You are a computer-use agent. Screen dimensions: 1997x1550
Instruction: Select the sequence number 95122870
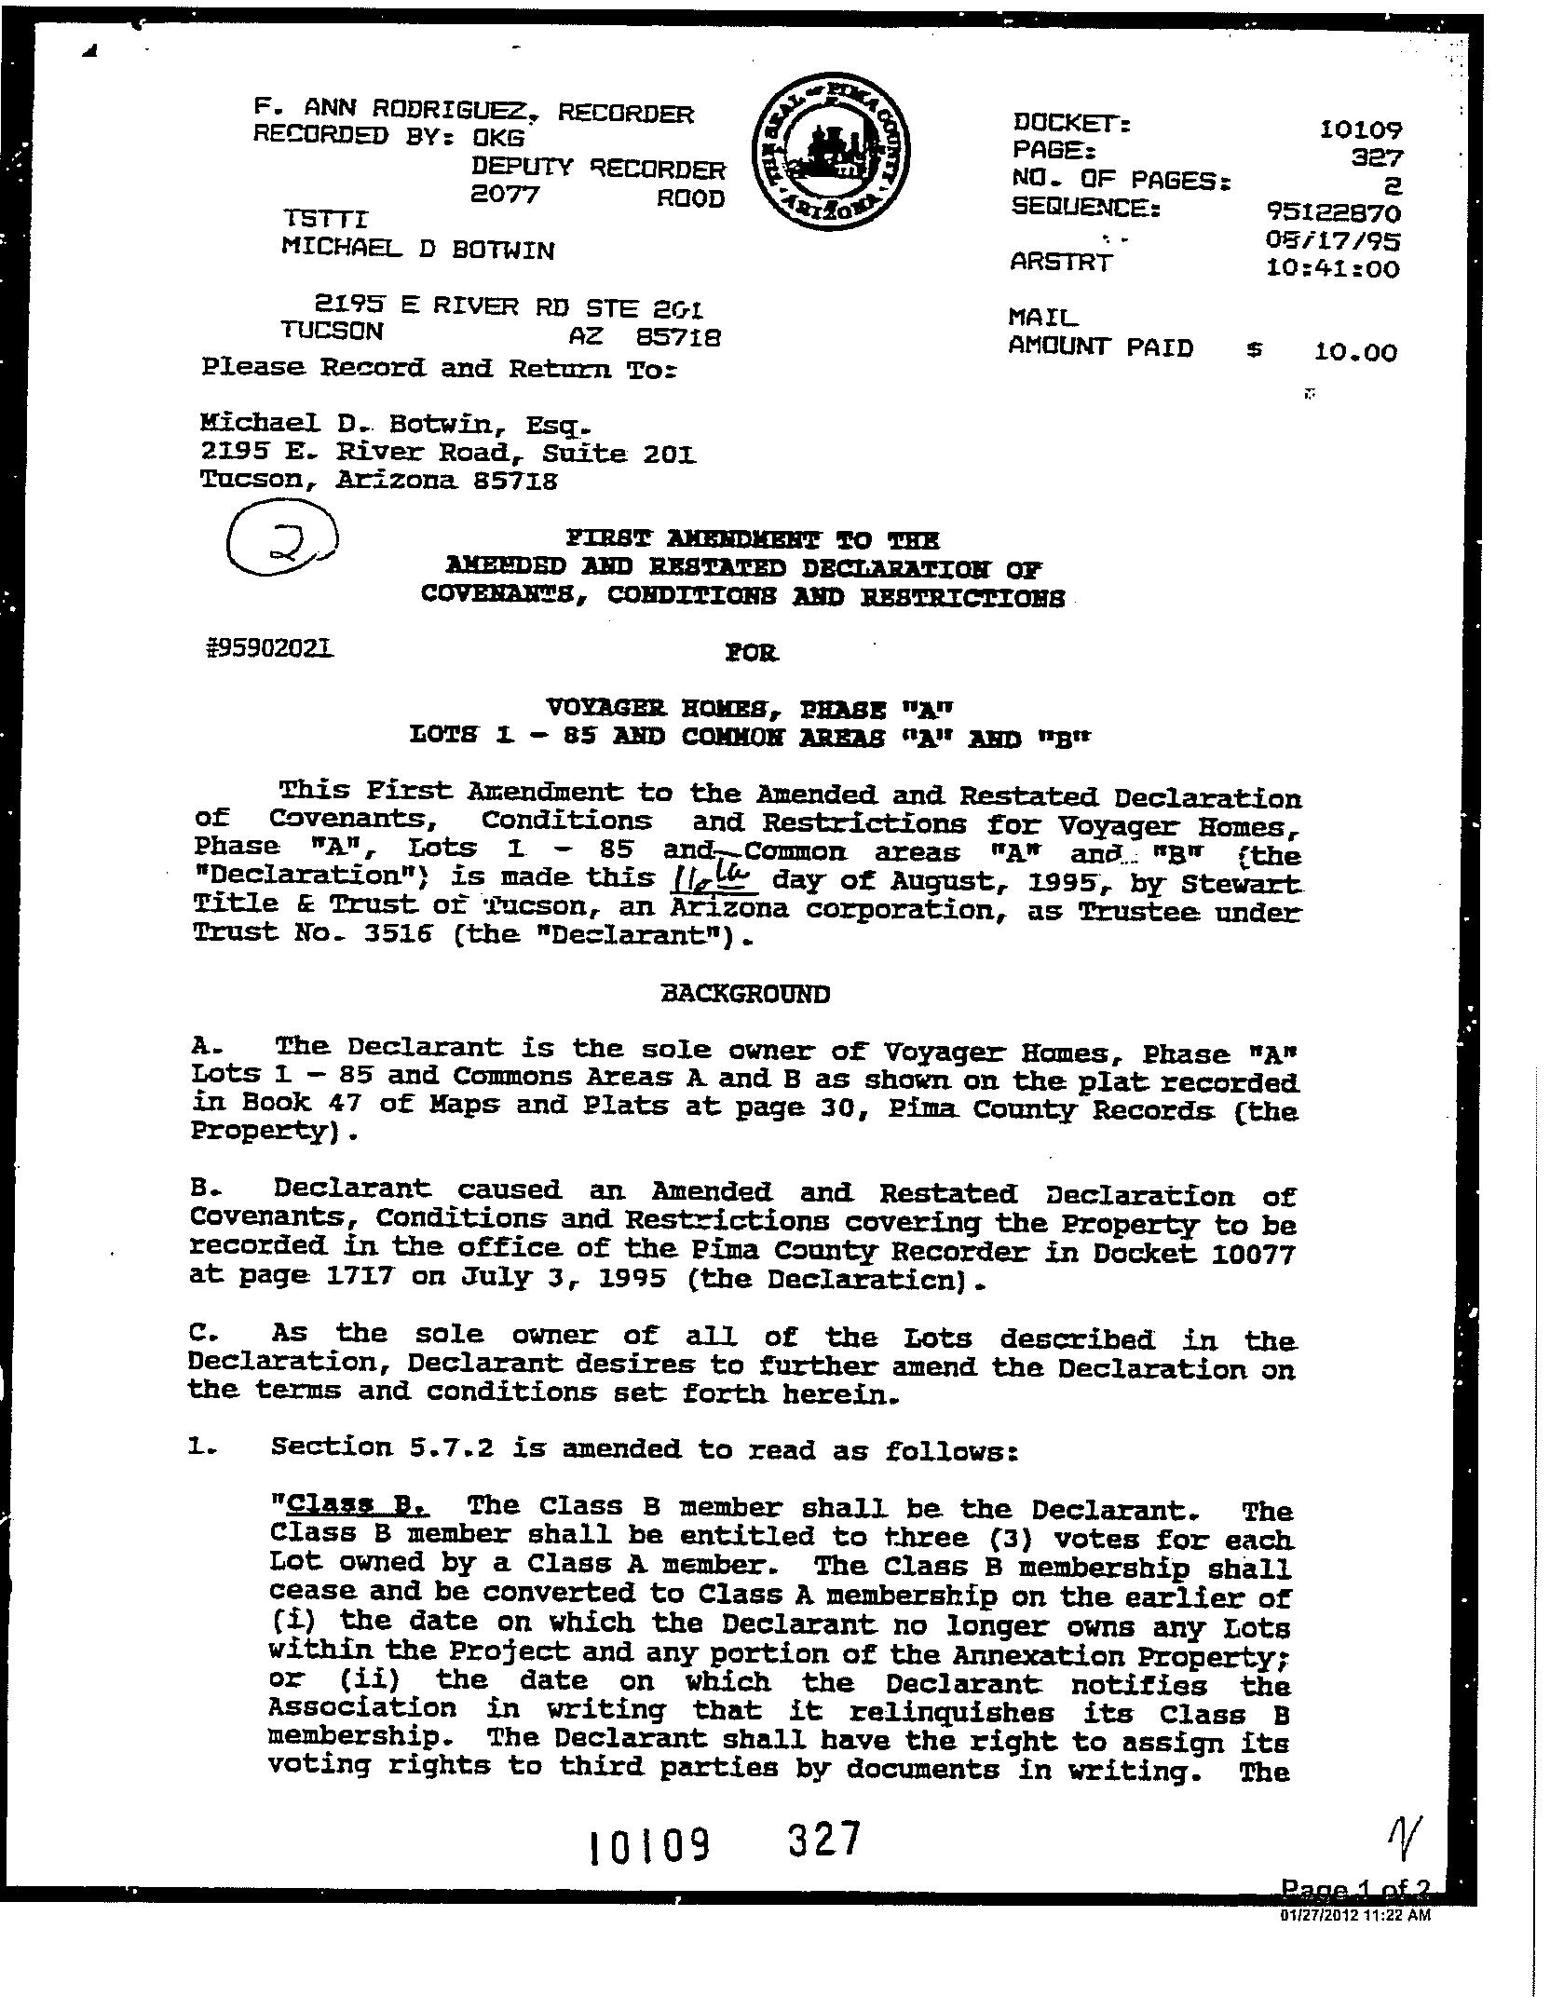[1326, 212]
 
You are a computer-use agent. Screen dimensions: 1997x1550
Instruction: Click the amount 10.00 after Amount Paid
[1355, 352]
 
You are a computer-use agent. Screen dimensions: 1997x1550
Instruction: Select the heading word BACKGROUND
[744, 994]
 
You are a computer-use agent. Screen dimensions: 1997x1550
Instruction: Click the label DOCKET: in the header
[1071, 123]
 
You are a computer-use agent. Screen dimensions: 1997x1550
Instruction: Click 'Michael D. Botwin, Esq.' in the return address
[395, 426]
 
